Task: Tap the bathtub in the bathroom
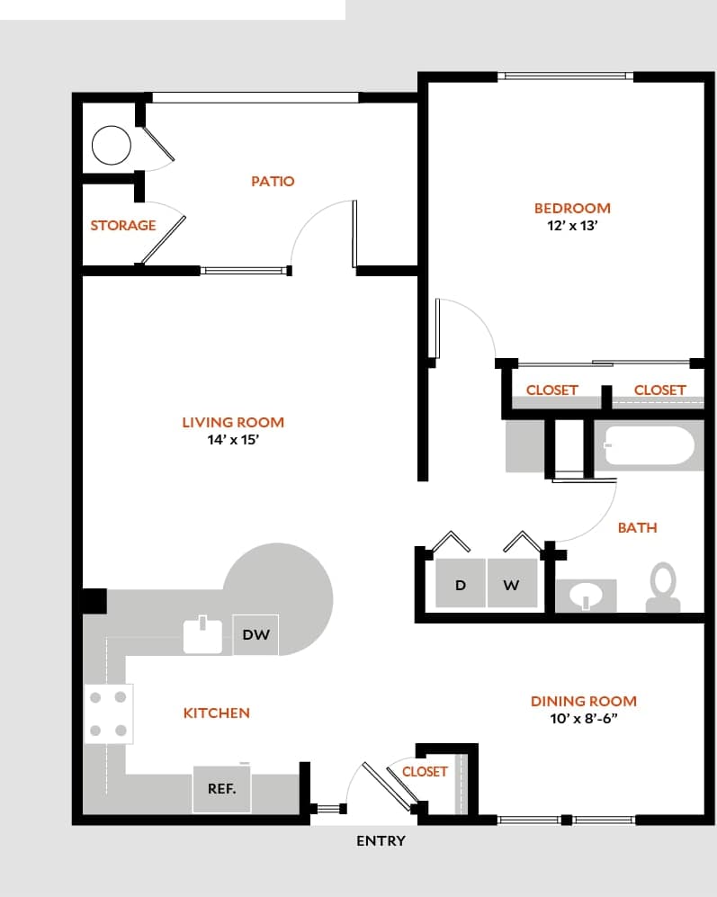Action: pos(650,445)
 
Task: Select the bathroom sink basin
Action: pos(585,597)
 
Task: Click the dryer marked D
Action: pos(461,585)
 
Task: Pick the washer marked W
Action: pos(511,585)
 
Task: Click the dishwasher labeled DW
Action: pos(255,635)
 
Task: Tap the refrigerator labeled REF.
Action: pos(222,789)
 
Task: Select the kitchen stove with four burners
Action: pos(109,713)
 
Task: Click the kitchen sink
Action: pos(202,635)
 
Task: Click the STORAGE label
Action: pos(123,225)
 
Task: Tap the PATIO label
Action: pos(273,181)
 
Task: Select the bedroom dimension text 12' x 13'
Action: pos(572,227)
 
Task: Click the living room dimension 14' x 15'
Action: pos(233,441)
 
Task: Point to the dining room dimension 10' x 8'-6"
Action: pos(583,720)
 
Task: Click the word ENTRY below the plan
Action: pos(381,841)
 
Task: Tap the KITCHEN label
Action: pos(217,713)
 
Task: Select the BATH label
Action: pos(637,527)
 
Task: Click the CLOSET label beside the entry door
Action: pos(425,771)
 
